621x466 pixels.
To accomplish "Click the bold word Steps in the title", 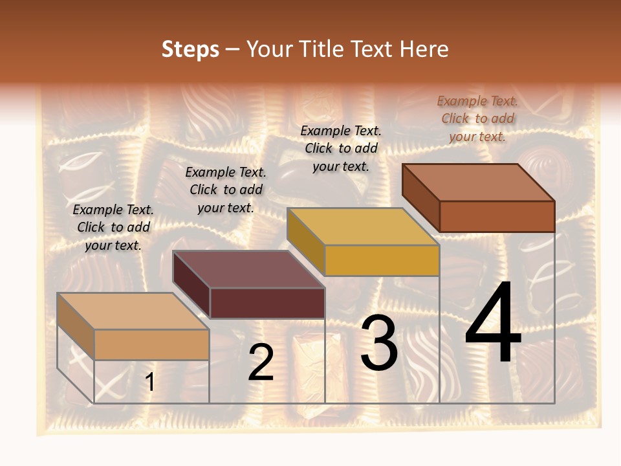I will coord(190,49).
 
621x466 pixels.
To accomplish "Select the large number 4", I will coord(493,325).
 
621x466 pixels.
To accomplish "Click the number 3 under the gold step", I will coord(379,344).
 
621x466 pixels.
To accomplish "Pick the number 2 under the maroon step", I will coord(261,362).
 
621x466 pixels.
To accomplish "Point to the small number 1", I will coord(150,382).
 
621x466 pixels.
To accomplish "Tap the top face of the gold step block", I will coord(363,227).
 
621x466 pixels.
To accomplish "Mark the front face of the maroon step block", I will coord(267,303).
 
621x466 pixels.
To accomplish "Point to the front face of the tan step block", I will coord(152,344).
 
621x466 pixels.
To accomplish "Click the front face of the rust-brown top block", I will coord(497,216).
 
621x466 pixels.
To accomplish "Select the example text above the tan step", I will coord(113,227).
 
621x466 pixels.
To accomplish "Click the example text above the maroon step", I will coord(226,190).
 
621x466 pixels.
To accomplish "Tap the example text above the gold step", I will coord(341,148).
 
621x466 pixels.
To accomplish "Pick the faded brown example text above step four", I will coord(477,118).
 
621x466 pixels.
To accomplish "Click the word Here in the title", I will coord(424,49).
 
